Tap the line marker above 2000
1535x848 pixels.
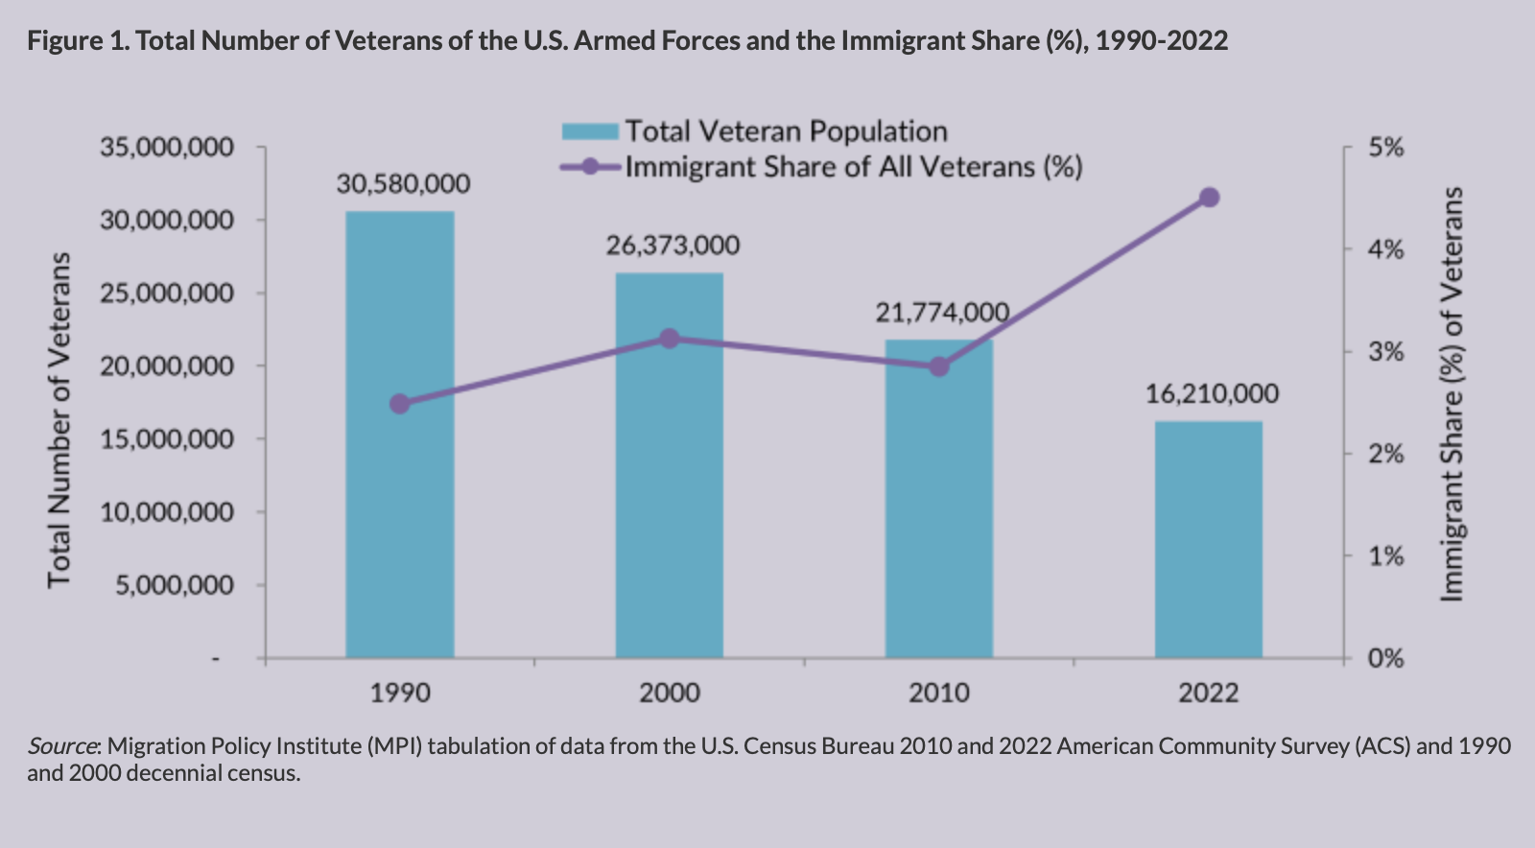click(x=670, y=339)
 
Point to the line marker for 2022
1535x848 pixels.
click(x=1209, y=198)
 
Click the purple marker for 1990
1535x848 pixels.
click(x=400, y=404)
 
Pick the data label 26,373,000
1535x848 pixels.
click(x=673, y=246)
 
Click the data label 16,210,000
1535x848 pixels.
click(x=1212, y=393)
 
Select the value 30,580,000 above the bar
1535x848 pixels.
click(x=403, y=183)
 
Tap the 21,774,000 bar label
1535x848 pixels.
click(x=941, y=313)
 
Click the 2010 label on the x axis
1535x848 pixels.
click(x=939, y=693)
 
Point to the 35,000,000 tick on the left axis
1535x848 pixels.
click(x=167, y=148)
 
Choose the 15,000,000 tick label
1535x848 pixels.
click(x=167, y=439)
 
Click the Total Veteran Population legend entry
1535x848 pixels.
click(x=786, y=131)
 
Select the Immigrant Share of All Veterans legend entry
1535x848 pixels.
click(x=853, y=167)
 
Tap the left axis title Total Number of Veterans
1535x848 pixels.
click(x=59, y=420)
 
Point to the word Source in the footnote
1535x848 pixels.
click(x=61, y=745)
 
